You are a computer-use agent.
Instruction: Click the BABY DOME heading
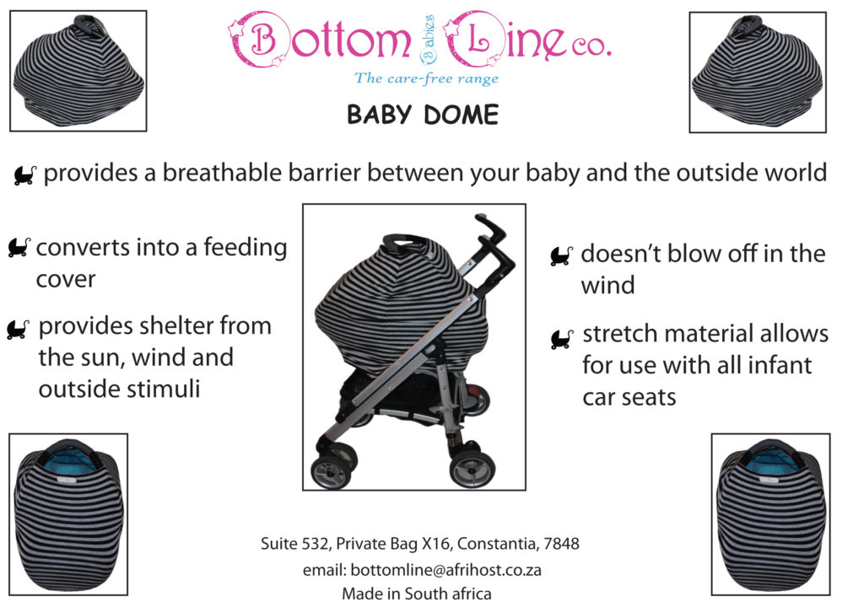point(422,115)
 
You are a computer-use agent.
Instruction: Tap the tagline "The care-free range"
point(426,78)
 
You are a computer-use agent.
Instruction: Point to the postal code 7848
point(561,544)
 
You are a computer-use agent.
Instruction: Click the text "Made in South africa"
point(416,594)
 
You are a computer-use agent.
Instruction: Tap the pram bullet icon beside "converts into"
point(19,247)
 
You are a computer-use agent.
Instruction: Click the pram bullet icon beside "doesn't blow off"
point(561,255)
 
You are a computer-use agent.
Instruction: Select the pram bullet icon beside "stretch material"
point(561,339)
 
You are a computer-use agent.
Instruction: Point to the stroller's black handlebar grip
point(488,233)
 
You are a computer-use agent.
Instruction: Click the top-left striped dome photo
point(78,72)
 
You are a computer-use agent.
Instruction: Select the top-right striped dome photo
point(757,72)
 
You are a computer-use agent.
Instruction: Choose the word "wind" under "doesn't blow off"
point(607,285)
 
